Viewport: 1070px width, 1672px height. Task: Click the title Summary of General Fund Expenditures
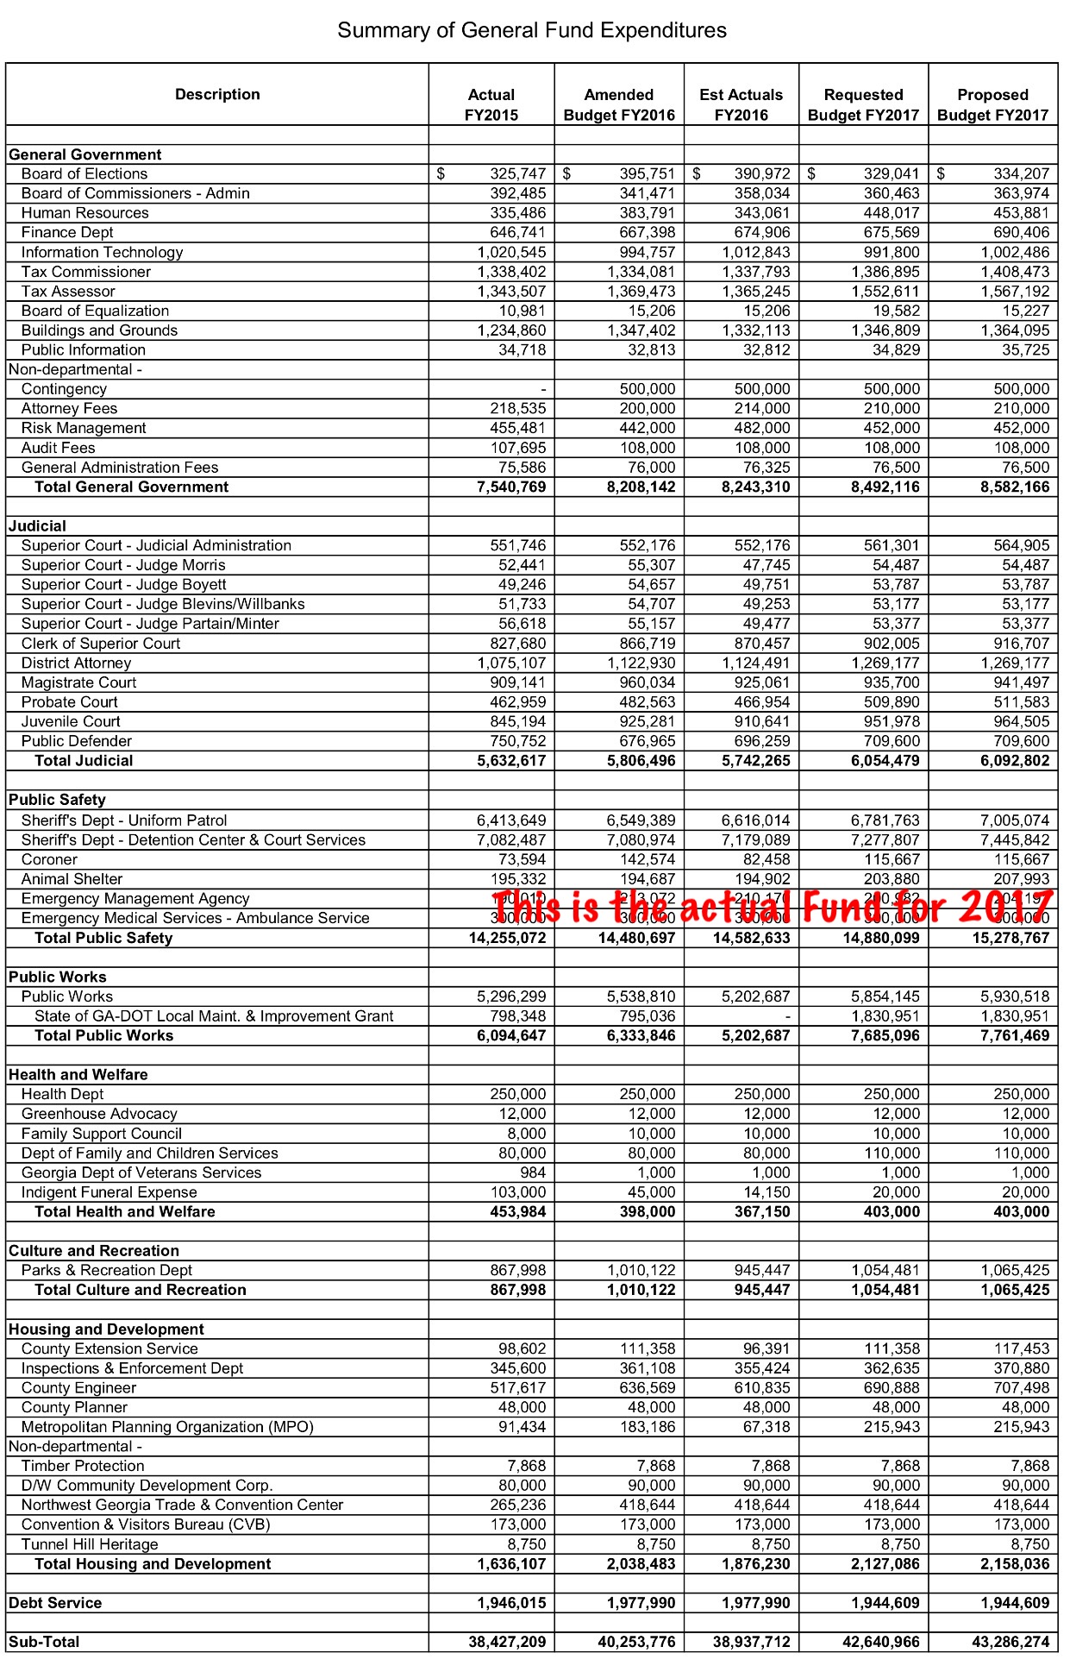(532, 31)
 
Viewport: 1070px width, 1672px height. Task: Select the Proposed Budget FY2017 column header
(992, 104)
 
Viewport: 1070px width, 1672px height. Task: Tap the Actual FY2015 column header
(491, 104)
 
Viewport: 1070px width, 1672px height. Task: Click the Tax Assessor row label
(68, 292)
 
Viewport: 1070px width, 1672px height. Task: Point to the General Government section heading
(84, 154)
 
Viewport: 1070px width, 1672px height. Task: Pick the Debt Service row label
(55, 1603)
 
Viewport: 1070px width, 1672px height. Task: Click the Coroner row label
(49, 859)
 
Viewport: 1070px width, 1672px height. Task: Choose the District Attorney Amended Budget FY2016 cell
(641, 663)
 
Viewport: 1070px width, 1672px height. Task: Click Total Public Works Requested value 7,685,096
(885, 1035)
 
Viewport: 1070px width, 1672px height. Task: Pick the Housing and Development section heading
(106, 1329)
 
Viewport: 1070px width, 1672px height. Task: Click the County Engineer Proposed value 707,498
(1021, 1388)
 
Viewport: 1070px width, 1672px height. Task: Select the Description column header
(217, 95)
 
